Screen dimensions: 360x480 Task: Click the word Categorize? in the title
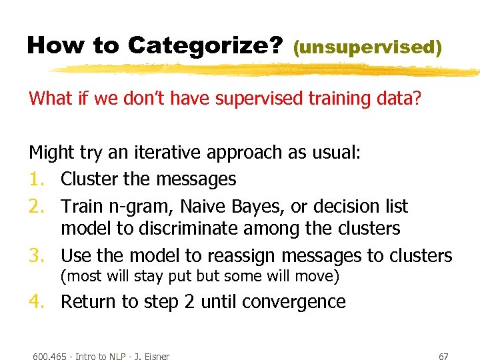point(205,45)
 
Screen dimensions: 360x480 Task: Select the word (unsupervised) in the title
point(367,47)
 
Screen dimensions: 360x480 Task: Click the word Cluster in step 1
point(89,179)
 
